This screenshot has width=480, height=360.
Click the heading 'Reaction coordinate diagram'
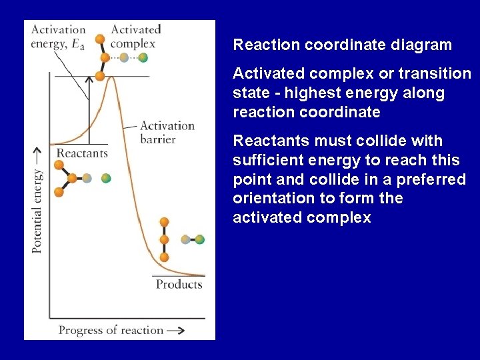pyautogui.click(x=342, y=45)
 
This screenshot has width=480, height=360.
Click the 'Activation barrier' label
pyautogui.click(x=167, y=132)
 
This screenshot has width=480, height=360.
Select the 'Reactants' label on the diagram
pyautogui.click(x=82, y=153)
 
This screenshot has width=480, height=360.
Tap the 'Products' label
pyautogui.click(x=179, y=284)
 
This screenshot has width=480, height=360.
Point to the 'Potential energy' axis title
pyautogui.click(x=37, y=210)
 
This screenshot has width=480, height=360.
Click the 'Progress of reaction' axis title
pyautogui.click(x=111, y=329)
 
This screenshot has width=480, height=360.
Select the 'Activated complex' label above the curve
pyautogui.click(x=135, y=36)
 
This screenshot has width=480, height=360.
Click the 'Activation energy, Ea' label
pyautogui.click(x=58, y=36)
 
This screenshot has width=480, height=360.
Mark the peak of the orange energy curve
pyautogui.click(x=111, y=77)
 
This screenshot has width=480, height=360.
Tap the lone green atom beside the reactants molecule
pyautogui.click(x=105, y=178)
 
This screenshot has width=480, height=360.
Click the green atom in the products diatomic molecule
pyautogui.click(x=199, y=239)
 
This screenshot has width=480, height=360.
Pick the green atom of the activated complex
pyautogui.click(x=143, y=58)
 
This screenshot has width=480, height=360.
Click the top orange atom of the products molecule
pyautogui.click(x=164, y=222)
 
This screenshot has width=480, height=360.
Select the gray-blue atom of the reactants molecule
pyautogui.click(x=87, y=178)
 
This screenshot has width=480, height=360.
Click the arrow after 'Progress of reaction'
pyautogui.click(x=176, y=330)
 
